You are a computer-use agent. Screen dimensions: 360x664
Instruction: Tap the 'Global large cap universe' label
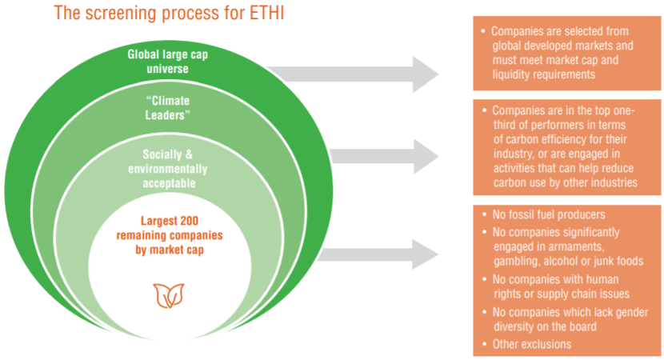point(167,62)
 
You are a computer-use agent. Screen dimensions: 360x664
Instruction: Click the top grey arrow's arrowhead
point(423,74)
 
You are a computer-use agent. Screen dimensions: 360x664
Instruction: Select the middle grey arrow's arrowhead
point(423,155)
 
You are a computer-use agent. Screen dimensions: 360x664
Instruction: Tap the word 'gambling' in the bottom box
point(521,261)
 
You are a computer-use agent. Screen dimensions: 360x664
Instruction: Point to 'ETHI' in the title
point(267,14)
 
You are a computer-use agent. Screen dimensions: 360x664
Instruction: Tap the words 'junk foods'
point(615,261)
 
